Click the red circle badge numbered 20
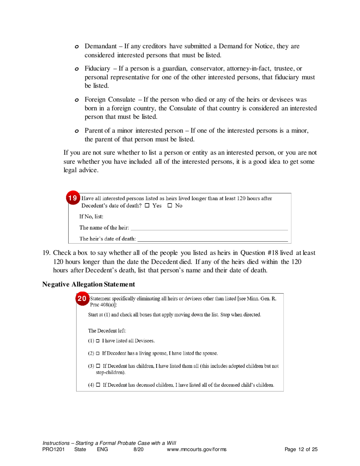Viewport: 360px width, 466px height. (82, 299)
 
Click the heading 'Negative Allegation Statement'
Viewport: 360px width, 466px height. (88, 284)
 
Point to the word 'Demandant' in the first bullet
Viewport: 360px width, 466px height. (100, 46)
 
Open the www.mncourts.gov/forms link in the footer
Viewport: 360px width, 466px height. (196, 450)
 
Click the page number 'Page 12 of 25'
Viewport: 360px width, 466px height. (301, 450)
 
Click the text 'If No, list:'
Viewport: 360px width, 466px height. (91, 217)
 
